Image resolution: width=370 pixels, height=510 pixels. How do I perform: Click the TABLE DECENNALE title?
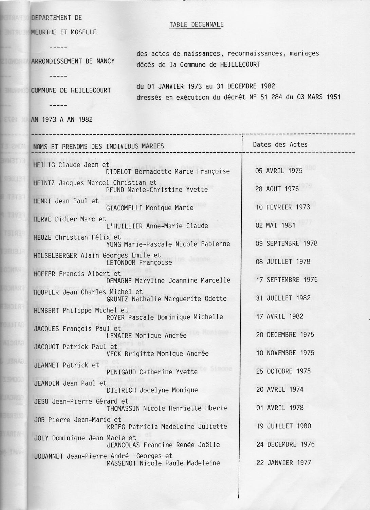click(x=196, y=24)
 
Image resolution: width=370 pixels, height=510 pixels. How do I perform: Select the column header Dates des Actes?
click(x=280, y=144)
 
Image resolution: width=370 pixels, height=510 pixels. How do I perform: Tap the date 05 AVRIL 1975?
click(x=279, y=171)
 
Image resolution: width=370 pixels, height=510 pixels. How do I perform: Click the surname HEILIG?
click(x=45, y=165)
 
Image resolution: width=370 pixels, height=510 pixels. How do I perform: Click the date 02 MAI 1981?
click(x=275, y=225)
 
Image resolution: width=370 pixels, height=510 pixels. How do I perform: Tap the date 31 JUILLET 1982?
click(x=283, y=298)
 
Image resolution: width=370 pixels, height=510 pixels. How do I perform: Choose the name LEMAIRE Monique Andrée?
click(x=146, y=336)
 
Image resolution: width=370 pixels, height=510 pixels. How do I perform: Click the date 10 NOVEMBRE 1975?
click(x=285, y=353)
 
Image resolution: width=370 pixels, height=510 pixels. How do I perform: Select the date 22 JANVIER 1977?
click(x=284, y=463)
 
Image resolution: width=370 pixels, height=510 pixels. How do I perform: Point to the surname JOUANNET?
click(x=49, y=456)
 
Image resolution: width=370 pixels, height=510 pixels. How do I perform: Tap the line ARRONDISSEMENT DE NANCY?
click(x=73, y=62)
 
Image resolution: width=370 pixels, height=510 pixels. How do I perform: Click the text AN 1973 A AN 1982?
click(x=62, y=120)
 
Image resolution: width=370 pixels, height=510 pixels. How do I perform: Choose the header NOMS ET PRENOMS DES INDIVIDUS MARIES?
click(x=98, y=147)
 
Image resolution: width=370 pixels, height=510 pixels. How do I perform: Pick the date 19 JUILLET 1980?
click(x=284, y=426)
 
